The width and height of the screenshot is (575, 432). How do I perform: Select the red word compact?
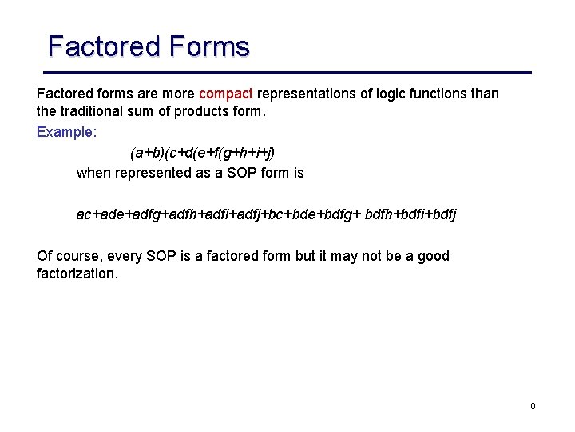226,94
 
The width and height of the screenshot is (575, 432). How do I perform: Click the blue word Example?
65,132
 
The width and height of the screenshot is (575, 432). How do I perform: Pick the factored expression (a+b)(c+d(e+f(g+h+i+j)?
202,152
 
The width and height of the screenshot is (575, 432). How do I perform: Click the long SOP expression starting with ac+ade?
266,214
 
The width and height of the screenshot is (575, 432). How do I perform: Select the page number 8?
533,406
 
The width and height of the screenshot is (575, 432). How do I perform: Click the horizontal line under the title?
287,73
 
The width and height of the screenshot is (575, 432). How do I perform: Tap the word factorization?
77,274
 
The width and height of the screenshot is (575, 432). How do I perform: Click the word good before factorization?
432,256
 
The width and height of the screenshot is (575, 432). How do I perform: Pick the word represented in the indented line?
153,173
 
